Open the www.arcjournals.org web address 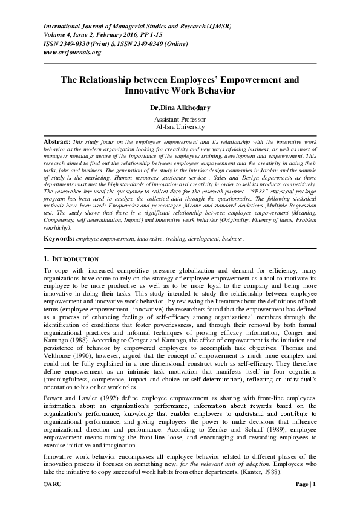72,52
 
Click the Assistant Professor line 180,120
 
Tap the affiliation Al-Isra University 180,127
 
